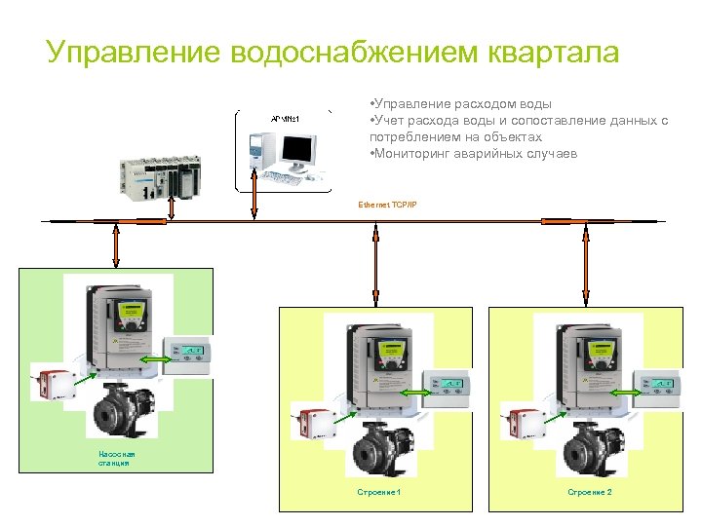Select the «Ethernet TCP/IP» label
click(387, 206)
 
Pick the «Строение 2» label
click(590, 493)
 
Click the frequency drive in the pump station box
click(119, 332)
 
